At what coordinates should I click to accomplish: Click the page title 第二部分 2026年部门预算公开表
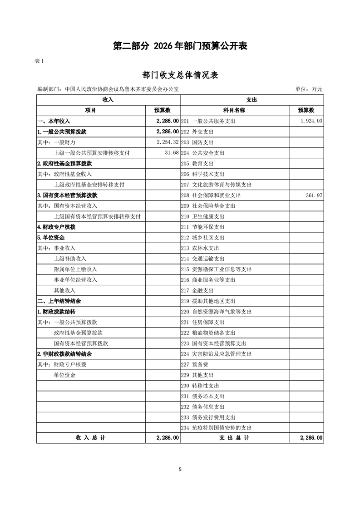[x=180, y=46]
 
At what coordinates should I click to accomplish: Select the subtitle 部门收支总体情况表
[x=180, y=75]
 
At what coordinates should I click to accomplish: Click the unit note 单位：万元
[x=308, y=89]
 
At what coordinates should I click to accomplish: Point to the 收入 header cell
[x=108, y=100]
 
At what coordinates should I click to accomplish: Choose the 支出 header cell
[x=252, y=100]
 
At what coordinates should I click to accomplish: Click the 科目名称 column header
[x=234, y=110]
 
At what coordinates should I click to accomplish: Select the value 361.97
[x=313, y=195]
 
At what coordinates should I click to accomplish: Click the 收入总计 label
[x=90, y=438]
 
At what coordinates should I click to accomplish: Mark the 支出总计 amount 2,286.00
[x=311, y=438]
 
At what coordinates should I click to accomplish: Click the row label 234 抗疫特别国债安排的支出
[x=216, y=427]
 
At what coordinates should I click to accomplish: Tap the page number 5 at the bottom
[x=180, y=469]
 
